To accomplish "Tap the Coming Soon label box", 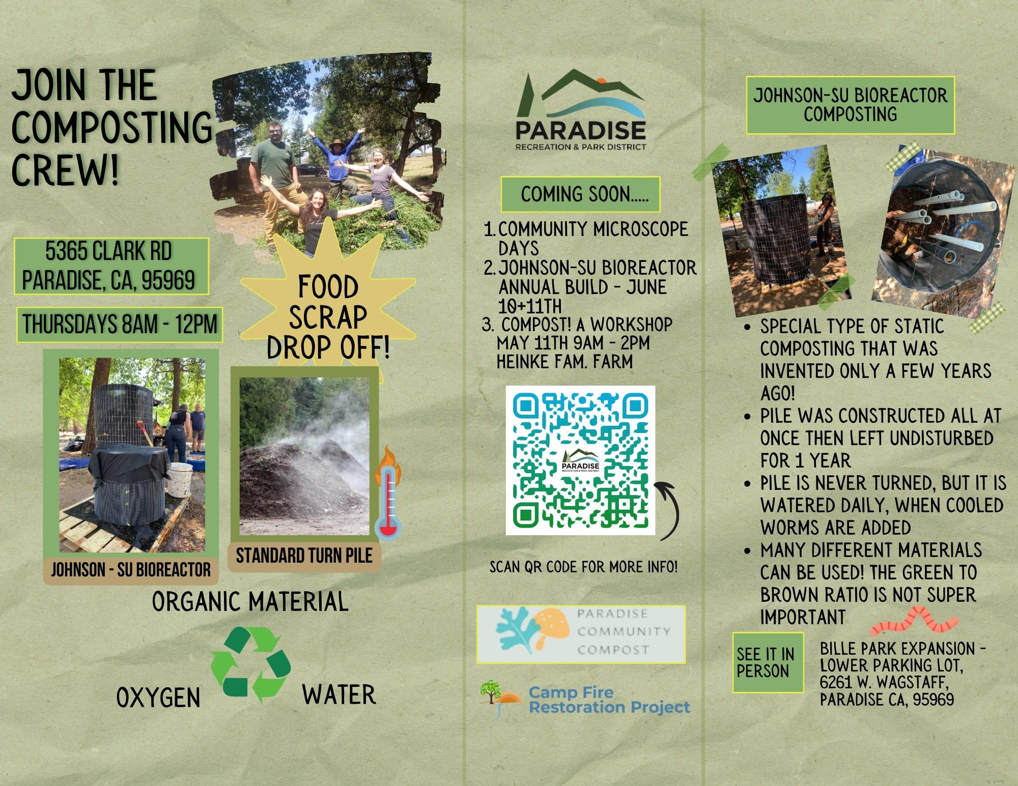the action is (580, 194).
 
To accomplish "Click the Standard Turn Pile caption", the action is (304, 555).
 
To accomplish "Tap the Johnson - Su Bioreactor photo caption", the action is (131, 569).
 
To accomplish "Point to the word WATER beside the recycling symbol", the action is (339, 695).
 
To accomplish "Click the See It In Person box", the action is (768, 662).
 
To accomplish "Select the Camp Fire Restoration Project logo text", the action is (609, 700).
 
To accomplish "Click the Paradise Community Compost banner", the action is (581, 634).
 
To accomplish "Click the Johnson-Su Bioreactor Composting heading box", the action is (850, 105).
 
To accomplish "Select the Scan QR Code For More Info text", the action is (583, 567).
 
